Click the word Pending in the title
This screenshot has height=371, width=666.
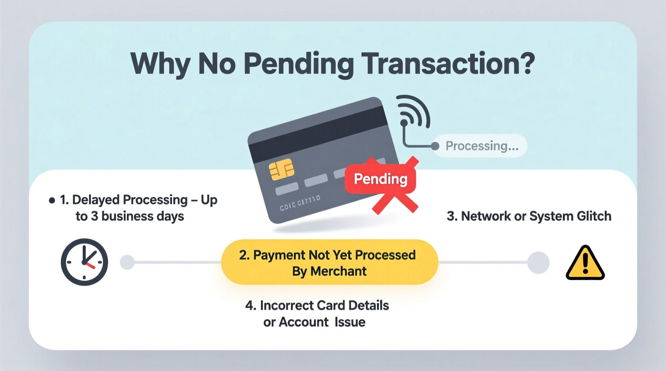pyautogui.click(x=298, y=64)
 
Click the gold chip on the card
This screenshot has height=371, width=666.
pyautogui.click(x=281, y=170)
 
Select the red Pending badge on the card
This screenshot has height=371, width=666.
pyautogui.click(x=380, y=179)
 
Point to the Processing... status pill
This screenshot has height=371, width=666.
pyautogui.click(x=481, y=146)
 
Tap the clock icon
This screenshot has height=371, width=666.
pyautogui.click(x=84, y=262)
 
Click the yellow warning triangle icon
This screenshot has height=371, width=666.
pyautogui.click(x=585, y=263)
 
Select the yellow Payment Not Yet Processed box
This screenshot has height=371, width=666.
pyautogui.click(x=329, y=262)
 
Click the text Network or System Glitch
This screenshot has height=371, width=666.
pyautogui.click(x=529, y=216)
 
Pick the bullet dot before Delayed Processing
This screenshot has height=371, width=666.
pyautogui.click(x=52, y=200)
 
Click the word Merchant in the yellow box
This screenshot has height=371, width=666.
pyautogui.click(x=338, y=271)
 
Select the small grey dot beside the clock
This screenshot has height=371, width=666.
pyautogui.click(x=127, y=262)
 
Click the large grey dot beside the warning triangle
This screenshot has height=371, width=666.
pyautogui.click(x=538, y=263)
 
